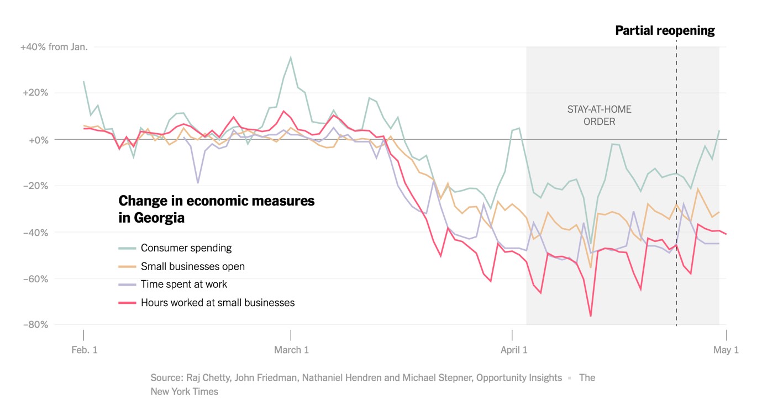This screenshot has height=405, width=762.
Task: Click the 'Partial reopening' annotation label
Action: (x=665, y=31)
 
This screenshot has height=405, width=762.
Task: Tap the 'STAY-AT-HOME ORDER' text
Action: (x=599, y=115)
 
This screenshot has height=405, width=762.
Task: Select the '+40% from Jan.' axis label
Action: (x=54, y=47)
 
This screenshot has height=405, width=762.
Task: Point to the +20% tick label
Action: (x=35, y=93)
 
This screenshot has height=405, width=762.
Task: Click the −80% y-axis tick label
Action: (x=35, y=324)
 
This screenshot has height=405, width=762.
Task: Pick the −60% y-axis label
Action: (x=35, y=278)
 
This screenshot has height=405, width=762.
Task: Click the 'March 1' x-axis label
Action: (x=291, y=350)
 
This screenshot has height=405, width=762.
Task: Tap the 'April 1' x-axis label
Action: (x=513, y=350)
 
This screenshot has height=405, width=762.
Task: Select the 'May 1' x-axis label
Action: (x=726, y=350)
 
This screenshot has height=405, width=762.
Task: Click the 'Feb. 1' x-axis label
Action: (x=85, y=350)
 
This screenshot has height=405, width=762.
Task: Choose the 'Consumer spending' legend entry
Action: (x=186, y=248)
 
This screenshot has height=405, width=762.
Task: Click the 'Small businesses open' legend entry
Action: (x=192, y=266)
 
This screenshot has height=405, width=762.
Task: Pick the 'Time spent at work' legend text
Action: (x=183, y=285)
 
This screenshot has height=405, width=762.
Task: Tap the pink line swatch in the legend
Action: (x=127, y=303)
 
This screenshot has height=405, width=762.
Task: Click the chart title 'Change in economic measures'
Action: (x=216, y=201)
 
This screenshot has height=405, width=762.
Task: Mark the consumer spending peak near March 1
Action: (x=291, y=57)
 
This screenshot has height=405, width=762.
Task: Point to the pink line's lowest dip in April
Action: (x=590, y=316)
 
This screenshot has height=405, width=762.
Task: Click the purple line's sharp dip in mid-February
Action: (x=198, y=183)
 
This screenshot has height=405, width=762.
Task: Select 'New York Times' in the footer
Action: (x=185, y=391)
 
